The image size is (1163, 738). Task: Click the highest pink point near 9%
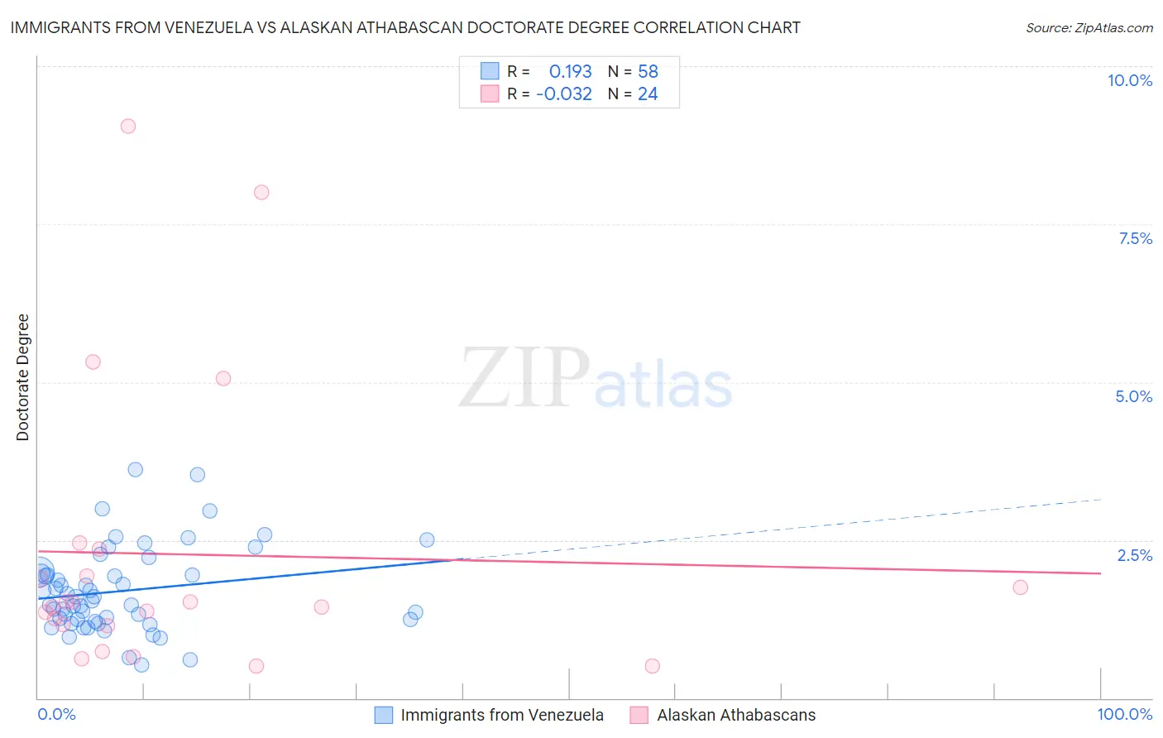pyautogui.click(x=127, y=126)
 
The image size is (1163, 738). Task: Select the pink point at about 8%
pyautogui.click(x=261, y=192)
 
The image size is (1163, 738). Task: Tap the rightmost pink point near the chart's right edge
pyautogui.click(x=1020, y=587)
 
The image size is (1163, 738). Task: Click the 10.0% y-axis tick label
pyautogui.click(x=1129, y=80)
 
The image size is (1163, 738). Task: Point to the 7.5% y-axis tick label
pyautogui.click(x=1135, y=238)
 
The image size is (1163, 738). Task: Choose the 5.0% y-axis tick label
pyautogui.click(x=1133, y=396)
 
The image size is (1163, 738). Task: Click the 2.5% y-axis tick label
pyautogui.click(x=1134, y=555)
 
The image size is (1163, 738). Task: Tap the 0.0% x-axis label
pyautogui.click(x=56, y=714)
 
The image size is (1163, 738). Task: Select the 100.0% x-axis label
pyautogui.click(x=1124, y=714)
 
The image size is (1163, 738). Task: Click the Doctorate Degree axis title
pyautogui.click(x=22, y=377)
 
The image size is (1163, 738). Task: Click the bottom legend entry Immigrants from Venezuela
pyautogui.click(x=501, y=715)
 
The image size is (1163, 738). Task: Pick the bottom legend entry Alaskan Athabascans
pyautogui.click(x=735, y=715)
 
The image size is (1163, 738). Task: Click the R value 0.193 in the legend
pyautogui.click(x=570, y=71)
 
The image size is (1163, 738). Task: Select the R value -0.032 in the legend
pyautogui.click(x=563, y=93)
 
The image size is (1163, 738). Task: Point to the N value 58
pyautogui.click(x=648, y=71)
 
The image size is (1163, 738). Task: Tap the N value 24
pyautogui.click(x=648, y=93)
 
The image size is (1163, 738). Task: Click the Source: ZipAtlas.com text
pyautogui.click(x=1089, y=27)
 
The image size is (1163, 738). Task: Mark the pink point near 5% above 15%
pyautogui.click(x=223, y=378)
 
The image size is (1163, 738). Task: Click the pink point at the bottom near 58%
pyautogui.click(x=652, y=666)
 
